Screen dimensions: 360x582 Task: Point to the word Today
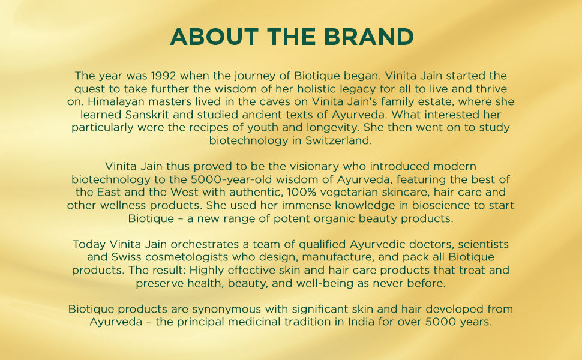89,244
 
